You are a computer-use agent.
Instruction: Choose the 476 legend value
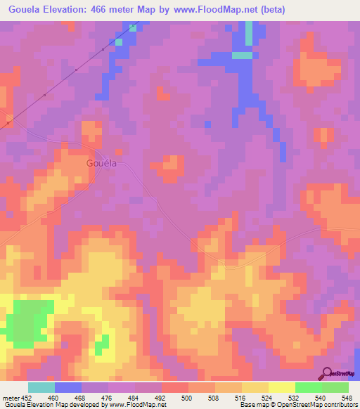click(109, 397)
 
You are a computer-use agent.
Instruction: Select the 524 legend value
click(270, 397)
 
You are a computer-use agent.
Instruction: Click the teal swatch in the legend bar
click(41, 387)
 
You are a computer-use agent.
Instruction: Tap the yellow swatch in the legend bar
click(282, 387)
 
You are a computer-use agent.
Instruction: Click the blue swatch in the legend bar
click(68, 387)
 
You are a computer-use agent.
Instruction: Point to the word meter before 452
click(11, 397)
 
